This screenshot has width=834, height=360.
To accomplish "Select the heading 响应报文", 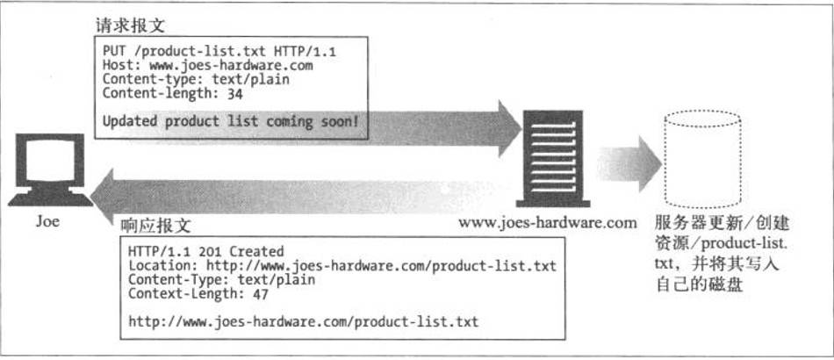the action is [x=156, y=226].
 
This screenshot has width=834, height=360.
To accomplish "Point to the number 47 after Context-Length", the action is [x=261, y=294].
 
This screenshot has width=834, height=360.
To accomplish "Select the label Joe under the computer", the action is [x=47, y=220].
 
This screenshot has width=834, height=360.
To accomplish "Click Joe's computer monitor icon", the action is [x=50, y=169].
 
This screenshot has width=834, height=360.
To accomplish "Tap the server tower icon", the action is [x=553, y=158].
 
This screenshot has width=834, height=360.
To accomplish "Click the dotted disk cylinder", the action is [x=702, y=160].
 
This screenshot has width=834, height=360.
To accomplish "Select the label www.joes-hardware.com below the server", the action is [x=547, y=222].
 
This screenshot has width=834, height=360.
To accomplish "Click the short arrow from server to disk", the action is [x=629, y=164].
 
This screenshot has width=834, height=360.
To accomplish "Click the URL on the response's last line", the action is [x=304, y=321].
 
